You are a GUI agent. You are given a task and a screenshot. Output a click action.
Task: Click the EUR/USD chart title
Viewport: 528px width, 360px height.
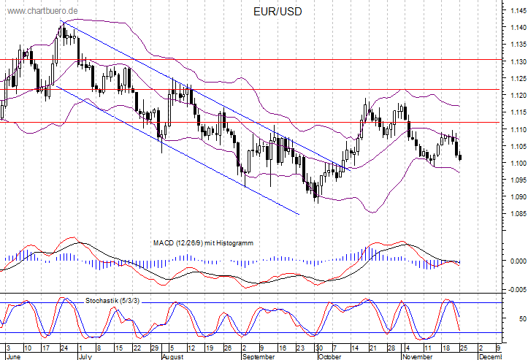(278, 12)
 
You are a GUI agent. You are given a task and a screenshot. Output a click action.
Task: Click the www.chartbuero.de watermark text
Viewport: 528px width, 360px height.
(42, 11)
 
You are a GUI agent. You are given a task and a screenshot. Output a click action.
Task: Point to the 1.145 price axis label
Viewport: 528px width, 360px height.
(519, 11)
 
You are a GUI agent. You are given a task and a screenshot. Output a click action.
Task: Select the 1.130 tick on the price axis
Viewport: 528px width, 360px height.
(519, 61)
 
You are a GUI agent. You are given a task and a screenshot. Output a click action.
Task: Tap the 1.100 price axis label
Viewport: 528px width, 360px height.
(519, 163)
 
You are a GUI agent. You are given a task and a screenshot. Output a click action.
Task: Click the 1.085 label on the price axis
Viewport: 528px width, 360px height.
(519, 213)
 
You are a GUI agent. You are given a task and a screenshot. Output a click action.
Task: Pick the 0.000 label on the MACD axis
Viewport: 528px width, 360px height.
(519, 261)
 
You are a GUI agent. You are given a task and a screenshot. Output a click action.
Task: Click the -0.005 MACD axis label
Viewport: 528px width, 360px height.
(517, 290)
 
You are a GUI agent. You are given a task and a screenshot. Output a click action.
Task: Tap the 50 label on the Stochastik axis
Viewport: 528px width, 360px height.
(523, 318)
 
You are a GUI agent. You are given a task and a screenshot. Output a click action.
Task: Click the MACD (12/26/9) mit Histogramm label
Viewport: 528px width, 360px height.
(203, 243)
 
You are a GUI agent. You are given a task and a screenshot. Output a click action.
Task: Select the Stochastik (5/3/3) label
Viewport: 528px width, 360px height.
(112, 300)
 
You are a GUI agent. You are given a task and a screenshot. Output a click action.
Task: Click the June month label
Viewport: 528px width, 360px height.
(13, 356)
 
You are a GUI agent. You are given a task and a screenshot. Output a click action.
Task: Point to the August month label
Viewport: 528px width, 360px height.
(173, 356)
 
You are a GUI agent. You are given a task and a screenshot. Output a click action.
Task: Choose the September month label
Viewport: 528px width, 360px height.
(259, 356)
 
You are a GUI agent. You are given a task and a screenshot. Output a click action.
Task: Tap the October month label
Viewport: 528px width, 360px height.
(329, 356)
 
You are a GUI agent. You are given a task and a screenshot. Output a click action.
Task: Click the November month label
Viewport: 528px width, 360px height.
(418, 356)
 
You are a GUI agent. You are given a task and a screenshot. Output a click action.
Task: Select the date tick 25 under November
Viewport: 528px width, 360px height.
(464, 348)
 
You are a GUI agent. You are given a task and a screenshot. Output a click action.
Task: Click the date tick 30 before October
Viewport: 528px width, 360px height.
(319, 348)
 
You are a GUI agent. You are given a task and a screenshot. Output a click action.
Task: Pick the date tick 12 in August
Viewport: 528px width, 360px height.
(191, 348)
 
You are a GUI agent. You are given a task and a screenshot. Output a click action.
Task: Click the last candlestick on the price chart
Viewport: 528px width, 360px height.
(460, 157)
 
